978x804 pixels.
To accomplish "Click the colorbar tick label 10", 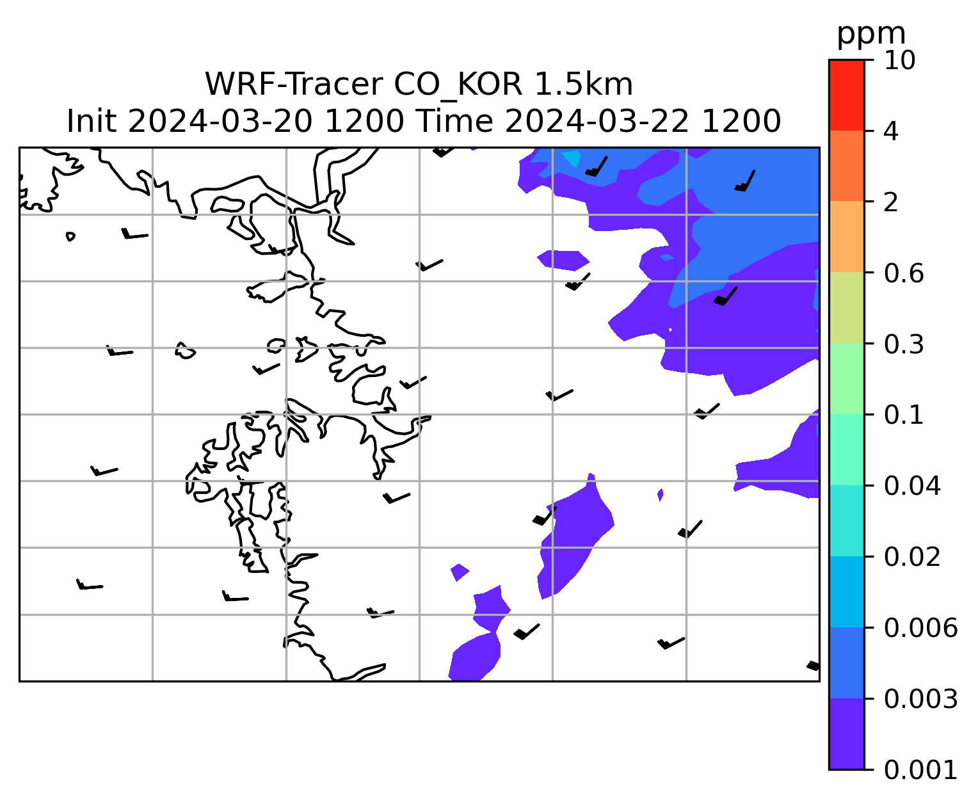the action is pos(899,60).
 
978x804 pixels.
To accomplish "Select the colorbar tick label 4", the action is pos(891,131).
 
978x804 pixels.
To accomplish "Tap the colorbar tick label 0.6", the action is pos(904,273).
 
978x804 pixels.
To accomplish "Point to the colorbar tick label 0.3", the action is pos(904,344).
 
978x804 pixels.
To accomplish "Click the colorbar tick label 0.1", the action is pos(904,415).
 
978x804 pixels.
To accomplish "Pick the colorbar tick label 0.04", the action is pos(912,485).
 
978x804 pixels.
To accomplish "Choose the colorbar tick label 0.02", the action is pos(912,556).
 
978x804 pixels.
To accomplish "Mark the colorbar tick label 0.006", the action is pos(920,628).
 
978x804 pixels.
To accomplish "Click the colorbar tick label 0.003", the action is pos(920,699).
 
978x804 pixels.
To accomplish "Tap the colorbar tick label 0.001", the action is pos(920,769).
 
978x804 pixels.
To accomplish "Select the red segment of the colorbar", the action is pos(846,95).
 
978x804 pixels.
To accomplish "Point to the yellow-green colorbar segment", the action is pos(846,307).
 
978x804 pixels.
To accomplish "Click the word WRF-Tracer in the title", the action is pos(294,84).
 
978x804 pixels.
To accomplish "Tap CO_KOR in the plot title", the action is pos(458,86).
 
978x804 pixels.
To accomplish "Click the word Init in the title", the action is pos(92,122).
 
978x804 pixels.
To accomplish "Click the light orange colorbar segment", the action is pos(846,236).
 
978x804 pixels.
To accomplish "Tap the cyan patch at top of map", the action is pos(572,157).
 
